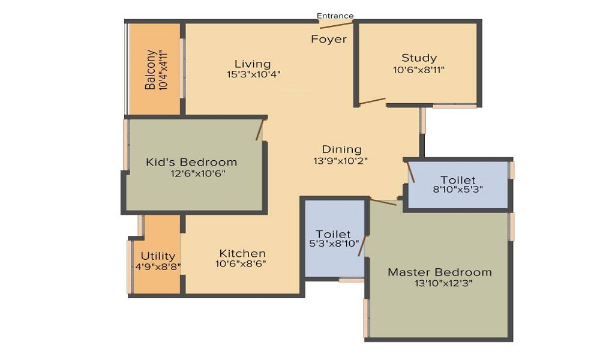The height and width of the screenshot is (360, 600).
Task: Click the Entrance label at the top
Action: point(335,16)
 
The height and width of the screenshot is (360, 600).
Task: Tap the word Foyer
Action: point(329,39)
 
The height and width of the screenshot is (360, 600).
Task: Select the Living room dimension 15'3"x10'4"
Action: point(254,74)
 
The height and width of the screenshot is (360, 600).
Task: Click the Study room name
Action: point(419,58)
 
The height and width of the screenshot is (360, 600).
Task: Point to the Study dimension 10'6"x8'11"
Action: point(419,70)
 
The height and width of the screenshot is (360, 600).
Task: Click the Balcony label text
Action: point(151,70)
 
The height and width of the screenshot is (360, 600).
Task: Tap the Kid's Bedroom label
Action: point(191,162)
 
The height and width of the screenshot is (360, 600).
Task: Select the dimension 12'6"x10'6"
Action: point(198,173)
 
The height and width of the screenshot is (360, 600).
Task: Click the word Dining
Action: point(342,149)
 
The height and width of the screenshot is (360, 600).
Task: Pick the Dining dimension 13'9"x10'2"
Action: point(341,161)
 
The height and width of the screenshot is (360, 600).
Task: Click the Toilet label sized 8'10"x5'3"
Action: point(458,180)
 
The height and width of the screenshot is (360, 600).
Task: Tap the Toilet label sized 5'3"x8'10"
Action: point(333,234)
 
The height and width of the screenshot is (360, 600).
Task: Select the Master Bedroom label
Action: point(440,272)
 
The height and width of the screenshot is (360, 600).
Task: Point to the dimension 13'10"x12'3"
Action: point(443,283)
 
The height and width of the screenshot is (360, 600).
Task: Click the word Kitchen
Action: point(242,253)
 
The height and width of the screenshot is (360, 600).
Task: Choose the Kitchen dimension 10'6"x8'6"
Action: point(241,263)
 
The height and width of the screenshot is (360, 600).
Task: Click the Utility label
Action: point(158,256)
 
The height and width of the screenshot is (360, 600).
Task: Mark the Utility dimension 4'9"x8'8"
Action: point(158,266)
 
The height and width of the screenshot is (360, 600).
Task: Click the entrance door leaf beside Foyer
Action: point(337,25)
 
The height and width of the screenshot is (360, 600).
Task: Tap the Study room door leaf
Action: point(372,101)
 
